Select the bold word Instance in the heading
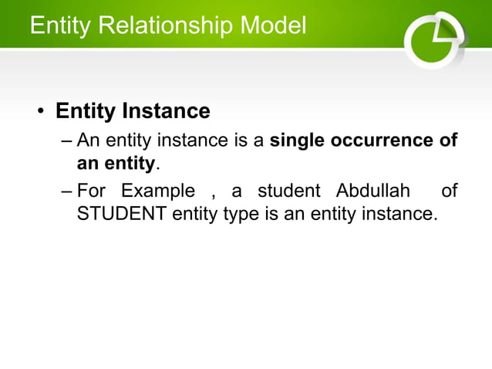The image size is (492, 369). pos(167,111)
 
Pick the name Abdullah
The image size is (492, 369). pos(374,191)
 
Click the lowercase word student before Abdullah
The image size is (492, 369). pos(288,191)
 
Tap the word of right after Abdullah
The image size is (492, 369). pos(449,191)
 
